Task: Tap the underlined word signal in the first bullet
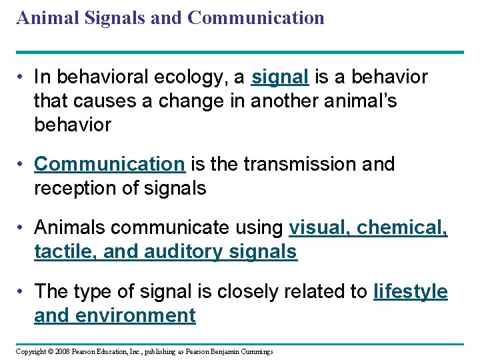point(280,78)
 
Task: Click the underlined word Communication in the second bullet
point(109,164)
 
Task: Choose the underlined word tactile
point(56,252)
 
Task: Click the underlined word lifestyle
point(411,291)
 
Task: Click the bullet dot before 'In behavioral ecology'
point(22,78)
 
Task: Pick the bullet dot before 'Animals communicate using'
point(22,228)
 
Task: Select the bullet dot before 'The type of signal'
point(22,291)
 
